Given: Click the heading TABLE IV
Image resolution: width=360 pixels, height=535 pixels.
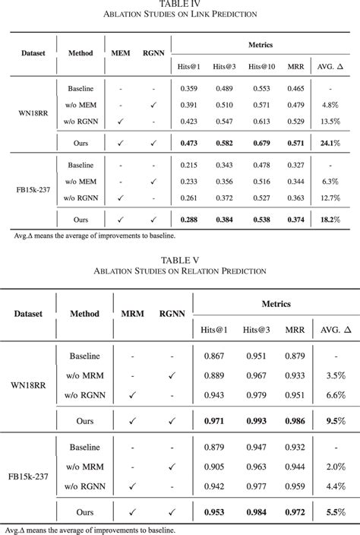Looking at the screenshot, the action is (x=179, y=5).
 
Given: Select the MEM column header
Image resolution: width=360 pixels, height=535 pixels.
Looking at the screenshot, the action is (x=120, y=53).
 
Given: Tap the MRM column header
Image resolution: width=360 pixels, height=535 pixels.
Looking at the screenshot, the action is (x=133, y=312).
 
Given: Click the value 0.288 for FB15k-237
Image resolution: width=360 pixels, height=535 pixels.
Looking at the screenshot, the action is (x=188, y=220).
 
